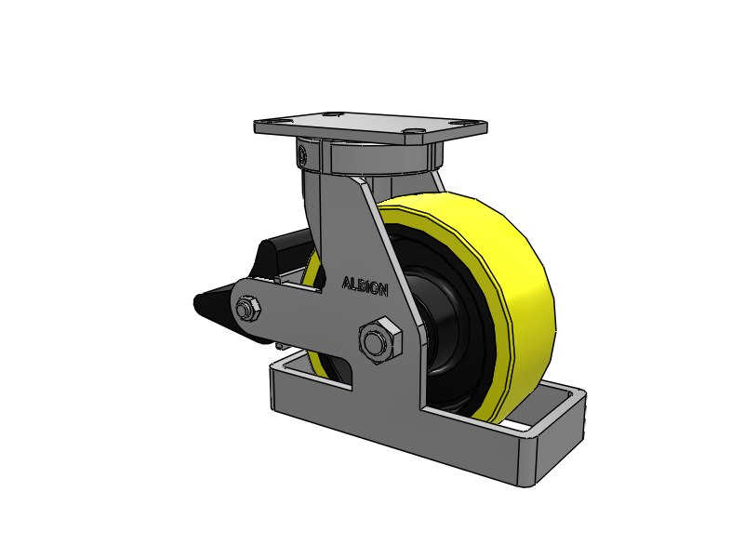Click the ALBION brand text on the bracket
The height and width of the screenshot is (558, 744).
click(365, 286)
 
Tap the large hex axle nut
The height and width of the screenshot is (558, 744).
click(380, 340)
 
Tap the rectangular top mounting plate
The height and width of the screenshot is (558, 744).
click(370, 126)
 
